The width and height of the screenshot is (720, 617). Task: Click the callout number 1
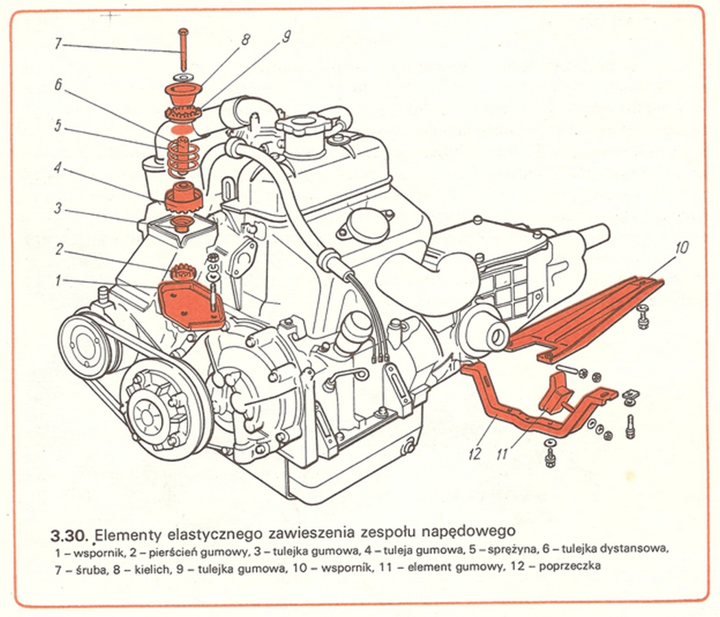pyautogui.click(x=59, y=279)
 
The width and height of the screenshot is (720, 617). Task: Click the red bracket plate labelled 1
pyautogui.click(x=188, y=305)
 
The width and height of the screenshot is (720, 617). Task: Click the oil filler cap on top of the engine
pyautogui.click(x=302, y=130)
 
